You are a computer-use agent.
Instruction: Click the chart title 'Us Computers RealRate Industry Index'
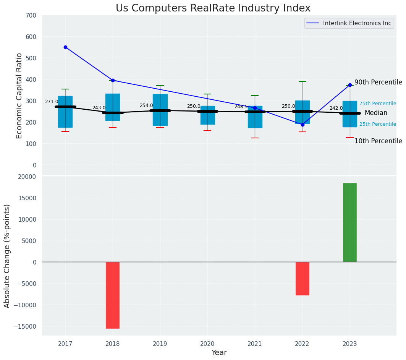[213, 8]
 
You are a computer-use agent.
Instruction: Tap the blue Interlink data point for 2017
[65, 47]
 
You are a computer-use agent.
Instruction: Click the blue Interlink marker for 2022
[302, 125]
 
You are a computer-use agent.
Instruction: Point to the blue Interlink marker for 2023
[350, 85]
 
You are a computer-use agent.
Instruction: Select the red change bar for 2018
[113, 295]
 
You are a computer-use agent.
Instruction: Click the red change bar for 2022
[302, 278]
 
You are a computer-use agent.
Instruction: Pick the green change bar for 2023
[350, 222]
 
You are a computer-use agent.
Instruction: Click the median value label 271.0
[52, 102]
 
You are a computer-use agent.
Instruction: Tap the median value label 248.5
[241, 107]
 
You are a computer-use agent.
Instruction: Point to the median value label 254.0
[146, 105]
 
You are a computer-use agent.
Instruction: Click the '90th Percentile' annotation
[378, 83]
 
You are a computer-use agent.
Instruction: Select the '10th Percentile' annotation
[378, 141]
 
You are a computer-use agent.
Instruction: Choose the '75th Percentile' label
[377, 104]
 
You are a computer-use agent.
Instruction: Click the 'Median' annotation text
[376, 113]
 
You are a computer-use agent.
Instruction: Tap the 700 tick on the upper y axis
[31, 16]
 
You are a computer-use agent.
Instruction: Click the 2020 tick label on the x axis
[207, 344]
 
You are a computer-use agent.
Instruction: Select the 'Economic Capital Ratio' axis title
[19, 96]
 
